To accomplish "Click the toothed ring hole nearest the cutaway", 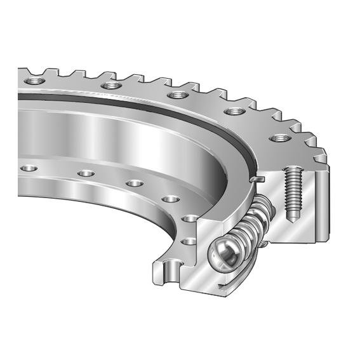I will [x=276, y=138].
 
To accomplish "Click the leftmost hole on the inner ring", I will [x=27, y=168].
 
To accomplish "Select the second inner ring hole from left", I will [x=84, y=173].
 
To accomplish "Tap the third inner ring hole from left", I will [x=134, y=183].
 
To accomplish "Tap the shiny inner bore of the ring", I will [x=127, y=133].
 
